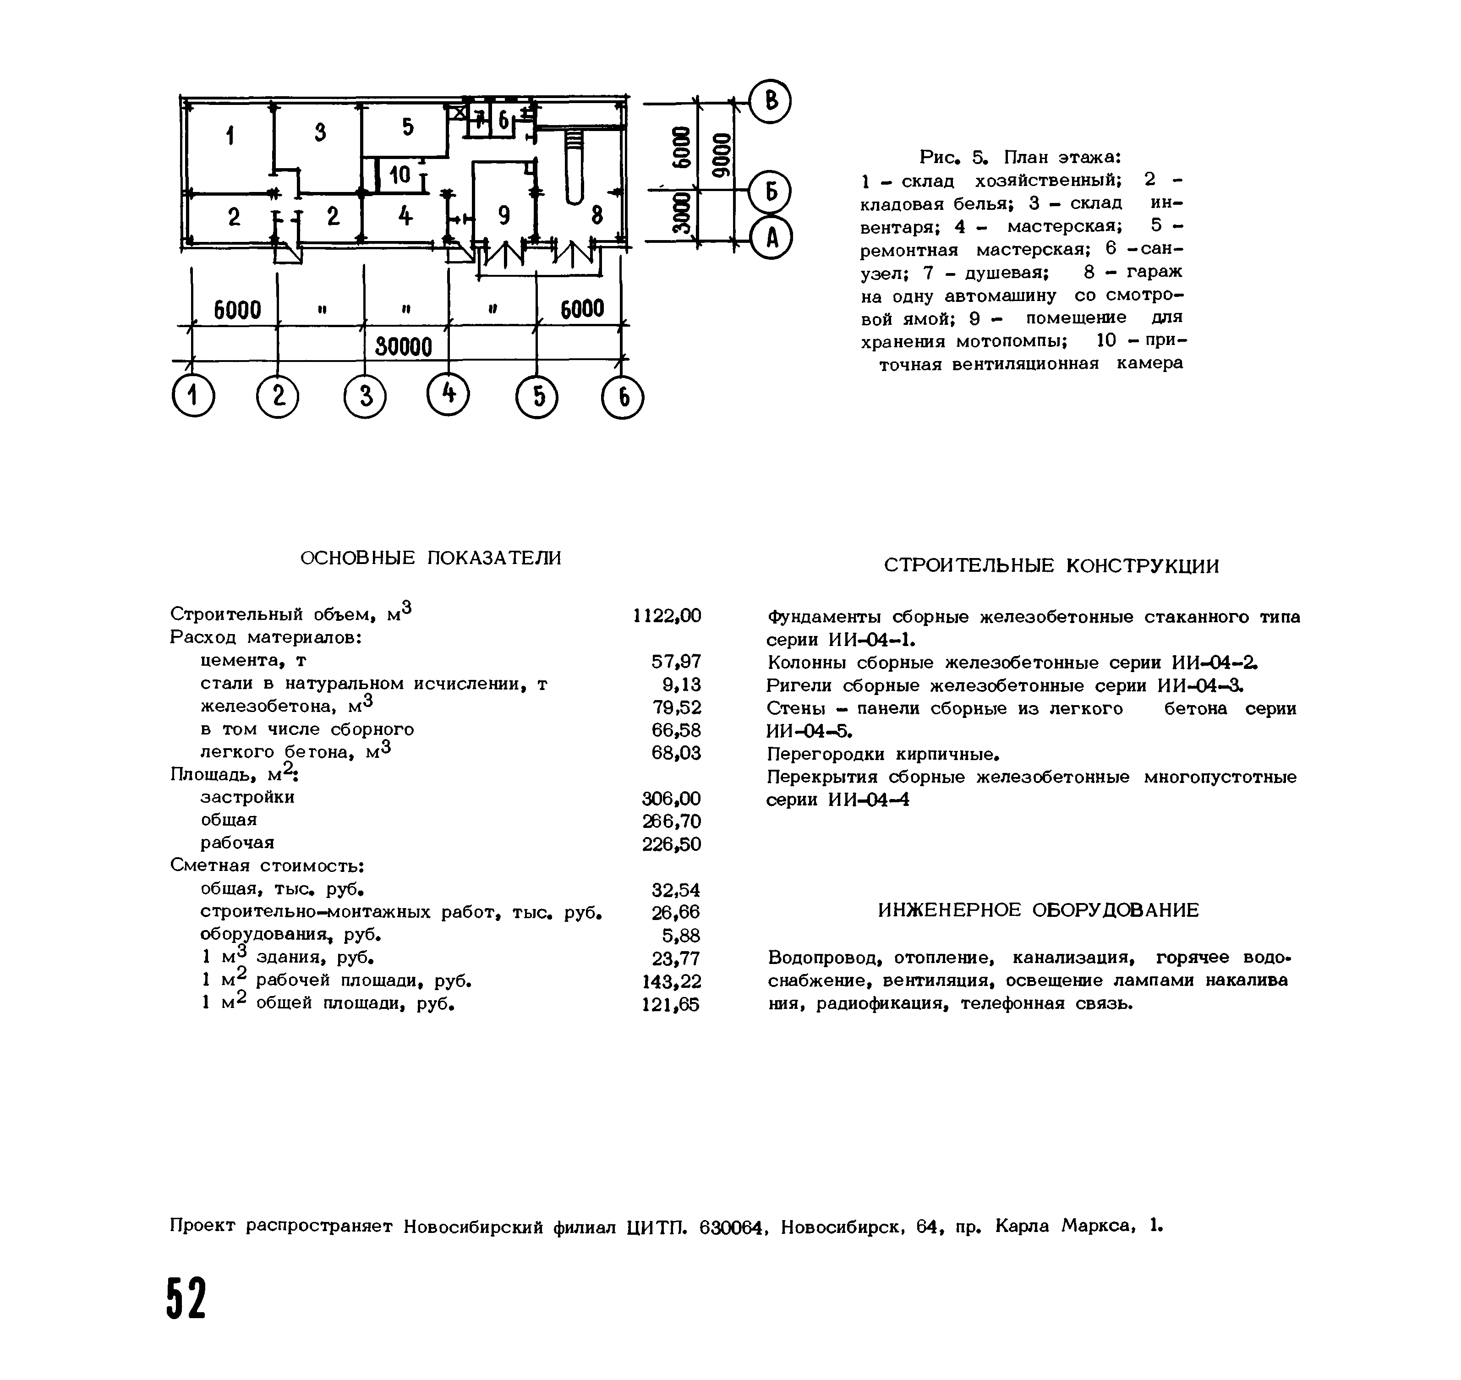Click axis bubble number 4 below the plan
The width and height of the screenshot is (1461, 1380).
pos(448,396)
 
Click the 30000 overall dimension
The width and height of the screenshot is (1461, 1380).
pos(403,346)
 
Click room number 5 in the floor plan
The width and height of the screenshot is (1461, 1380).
pos(408,127)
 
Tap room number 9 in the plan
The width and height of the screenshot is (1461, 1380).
pos(504,215)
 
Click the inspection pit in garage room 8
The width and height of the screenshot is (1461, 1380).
pos(574,165)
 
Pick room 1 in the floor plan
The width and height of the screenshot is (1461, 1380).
pos(230,136)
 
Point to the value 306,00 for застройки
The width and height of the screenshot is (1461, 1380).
pos(671,798)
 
